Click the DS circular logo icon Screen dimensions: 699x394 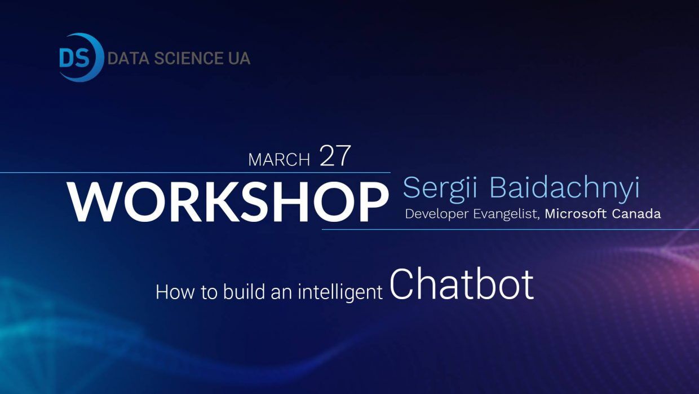pos(81,58)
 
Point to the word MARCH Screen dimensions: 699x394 pos(279,160)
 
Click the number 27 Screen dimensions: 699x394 pos(335,156)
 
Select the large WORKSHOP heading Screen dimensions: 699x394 pos(228,202)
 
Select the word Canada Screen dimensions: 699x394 pos(636,214)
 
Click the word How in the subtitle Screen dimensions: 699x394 pos(175,292)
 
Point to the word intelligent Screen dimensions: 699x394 pos(340,293)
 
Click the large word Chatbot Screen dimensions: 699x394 pos(462,284)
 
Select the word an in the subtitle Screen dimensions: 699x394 pos(281,294)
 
